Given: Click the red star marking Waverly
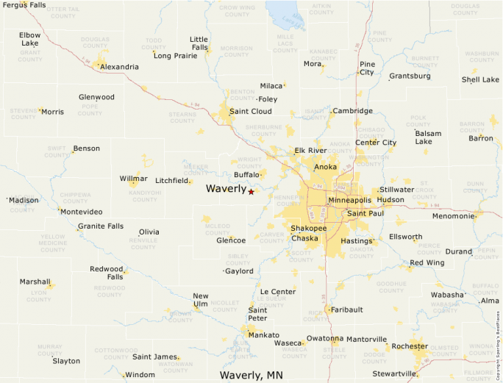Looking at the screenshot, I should pyautogui.click(x=251, y=192).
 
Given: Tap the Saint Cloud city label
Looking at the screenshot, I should pyautogui.click(x=251, y=112).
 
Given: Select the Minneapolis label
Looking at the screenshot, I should pyautogui.click(x=349, y=200).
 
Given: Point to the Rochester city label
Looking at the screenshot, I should pyautogui.click(x=410, y=346).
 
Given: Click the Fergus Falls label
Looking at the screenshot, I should pyautogui.click(x=24, y=5).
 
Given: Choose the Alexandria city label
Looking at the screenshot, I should pyautogui.click(x=119, y=67).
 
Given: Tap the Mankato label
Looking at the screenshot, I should pyautogui.click(x=263, y=335).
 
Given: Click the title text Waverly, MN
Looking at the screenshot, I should pyautogui.click(x=251, y=375).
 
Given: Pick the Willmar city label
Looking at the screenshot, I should pyautogui.click(x=133, y=179).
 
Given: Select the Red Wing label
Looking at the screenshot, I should pyautogui.click(x=427, y=262).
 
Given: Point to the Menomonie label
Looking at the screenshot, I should pyautogui.click(x=453, y=216).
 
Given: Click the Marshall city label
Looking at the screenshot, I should pyautogui.click(x=35, y=282).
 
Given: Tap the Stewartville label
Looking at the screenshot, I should pyautogui.click(x=394, y=373).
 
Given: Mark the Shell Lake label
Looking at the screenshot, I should pyautogui.click(x=480, y=79).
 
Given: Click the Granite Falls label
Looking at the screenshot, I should pyautogui.click(x=101, y=226).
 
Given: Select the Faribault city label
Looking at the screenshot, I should pyautogui.click(x=346, y=309).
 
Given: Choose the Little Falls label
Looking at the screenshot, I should pyautogui.click(x=199, y=43).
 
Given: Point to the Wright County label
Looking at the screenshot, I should pyautogui.click(x=250, y=162).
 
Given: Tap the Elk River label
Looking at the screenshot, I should pyautogui.click(x=310, y=151).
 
